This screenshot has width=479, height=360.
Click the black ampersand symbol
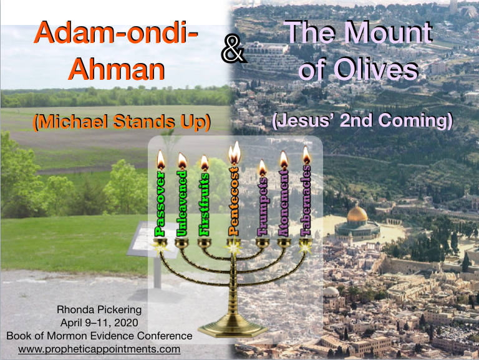click(x=234, y=49)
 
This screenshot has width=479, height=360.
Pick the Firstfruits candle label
click(x=204, y=204)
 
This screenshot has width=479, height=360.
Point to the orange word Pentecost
click(x=234, y=201)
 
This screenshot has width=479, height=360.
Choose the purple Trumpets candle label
click(x=263, y=206)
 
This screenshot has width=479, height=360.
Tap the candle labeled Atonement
click(x=284, y=203)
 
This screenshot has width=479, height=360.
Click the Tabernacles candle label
click(x=306, y=200)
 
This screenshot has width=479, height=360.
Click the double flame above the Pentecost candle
click(x=235, y=153)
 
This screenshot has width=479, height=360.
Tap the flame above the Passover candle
click(x=161, y=160)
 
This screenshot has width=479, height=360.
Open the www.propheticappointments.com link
click(x=99, y=349)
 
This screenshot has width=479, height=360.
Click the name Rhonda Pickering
click(x=99, y=309)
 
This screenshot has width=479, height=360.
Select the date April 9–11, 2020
click(x=99, y=323)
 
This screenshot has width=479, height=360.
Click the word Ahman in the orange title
click(x=117, y=69)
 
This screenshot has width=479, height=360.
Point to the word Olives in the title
click(x=377, y=69)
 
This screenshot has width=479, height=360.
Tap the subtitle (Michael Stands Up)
click(x=122, y=122)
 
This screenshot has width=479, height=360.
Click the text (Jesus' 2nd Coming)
click(x=362, y=120)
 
